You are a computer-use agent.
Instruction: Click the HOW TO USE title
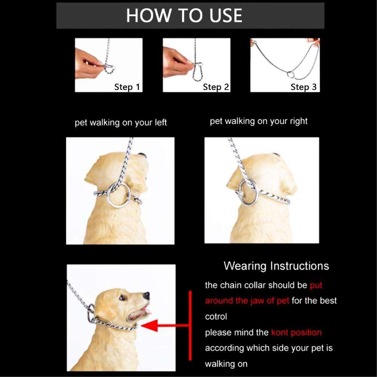tap(184, 15)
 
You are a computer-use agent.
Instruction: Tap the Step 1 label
tap(127, 87)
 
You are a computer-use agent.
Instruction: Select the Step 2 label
tap(216, 87)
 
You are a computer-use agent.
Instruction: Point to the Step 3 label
tap(303, 87)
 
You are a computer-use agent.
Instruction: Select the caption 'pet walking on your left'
tap(121, 123)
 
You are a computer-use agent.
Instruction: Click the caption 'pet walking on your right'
tap(259, 121)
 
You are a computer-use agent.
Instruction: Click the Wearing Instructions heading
tap(276, 266)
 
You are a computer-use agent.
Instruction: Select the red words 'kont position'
tap(296, 333)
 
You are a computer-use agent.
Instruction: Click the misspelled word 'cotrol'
tap(216, 317)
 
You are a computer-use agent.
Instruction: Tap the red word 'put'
tap(316, 285)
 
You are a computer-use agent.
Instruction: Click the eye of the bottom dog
tap(122, 298)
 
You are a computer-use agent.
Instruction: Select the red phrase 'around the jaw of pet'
tap(247, 301)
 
